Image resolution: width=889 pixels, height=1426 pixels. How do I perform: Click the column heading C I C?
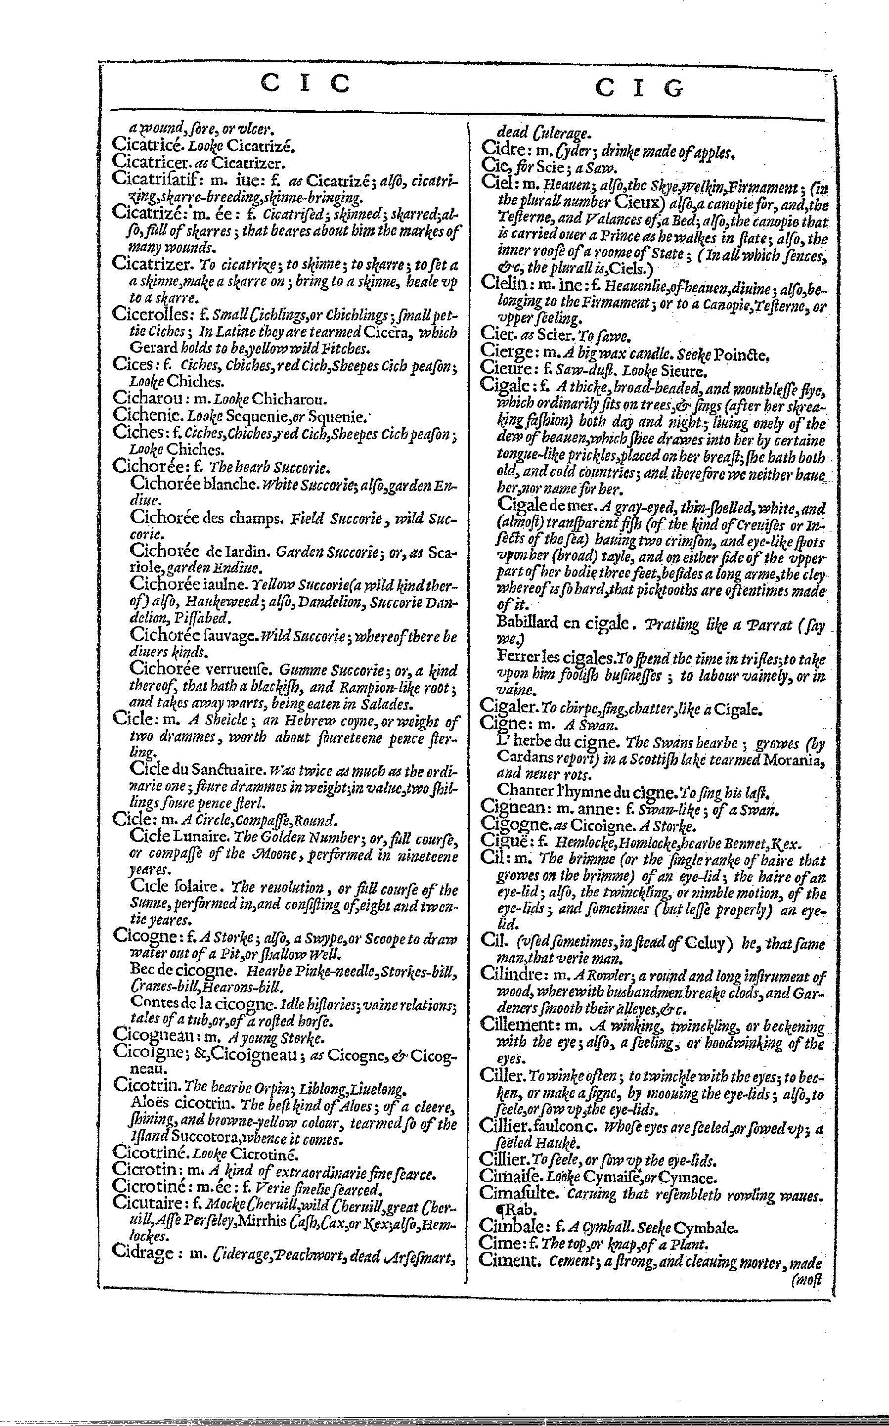tap(305, 84)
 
